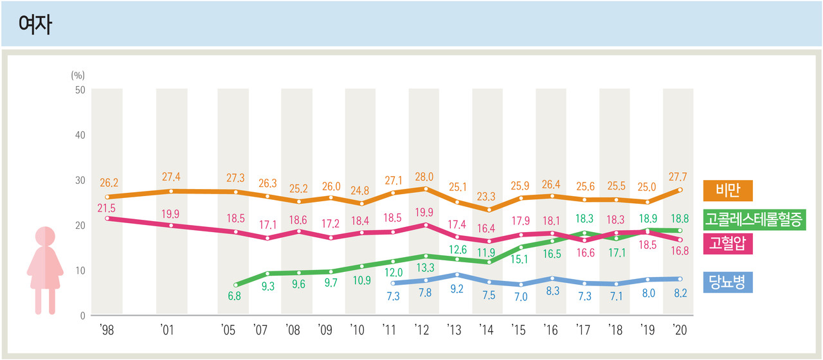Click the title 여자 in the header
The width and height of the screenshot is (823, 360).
click(x=36, y=24)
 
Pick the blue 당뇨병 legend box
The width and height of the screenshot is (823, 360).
click(x=728, y=282)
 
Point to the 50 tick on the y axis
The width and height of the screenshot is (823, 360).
click(x=80, y=90)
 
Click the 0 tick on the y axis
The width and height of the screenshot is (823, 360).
click(x=83, y=316)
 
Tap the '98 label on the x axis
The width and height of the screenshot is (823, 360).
click(x=106, y=330)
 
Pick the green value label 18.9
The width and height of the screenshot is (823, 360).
click(x=648, y=219)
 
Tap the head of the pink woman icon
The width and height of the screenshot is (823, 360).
click(x=44, y=237)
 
